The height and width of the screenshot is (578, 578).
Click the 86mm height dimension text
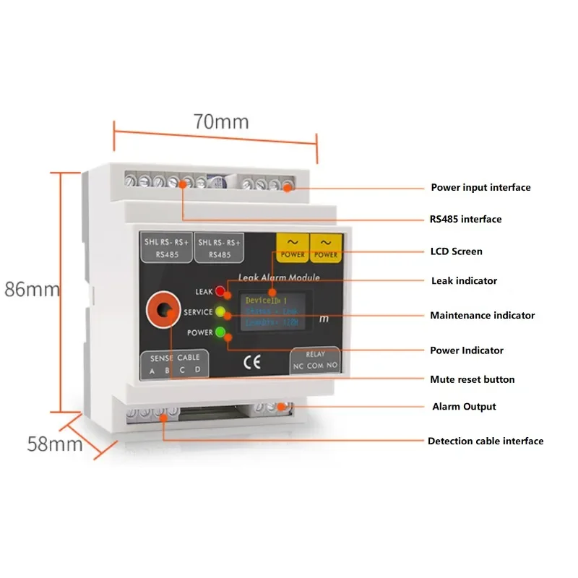pyautogui.click(x=31, y=289)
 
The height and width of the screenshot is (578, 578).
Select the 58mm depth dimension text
pyautogui.click(x=55, y=442)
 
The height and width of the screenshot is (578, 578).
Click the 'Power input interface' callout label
pyautogui.click(x=480, y=188)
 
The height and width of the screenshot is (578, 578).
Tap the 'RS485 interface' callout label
pyautogui.click(x=466, y=220)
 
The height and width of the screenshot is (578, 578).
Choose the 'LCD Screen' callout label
pyautogui.click(x=456, y=251)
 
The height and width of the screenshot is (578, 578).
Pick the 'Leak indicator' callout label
pyautogui.click(x=464, y=280)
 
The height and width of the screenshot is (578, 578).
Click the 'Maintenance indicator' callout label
pyautogui.click(x=482, y=315)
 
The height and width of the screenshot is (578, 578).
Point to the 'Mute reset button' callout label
pyautogui.click(x=473, y=379)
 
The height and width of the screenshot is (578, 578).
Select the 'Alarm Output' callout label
pyautogui.click(x=464, y=407)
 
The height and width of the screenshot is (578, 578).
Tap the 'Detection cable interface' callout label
pyautogui.click(x=485, y=441)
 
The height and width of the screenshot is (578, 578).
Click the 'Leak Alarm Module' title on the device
pyautogui.click(x=278, y=277)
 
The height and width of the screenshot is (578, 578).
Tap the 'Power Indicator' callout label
pyautogui.click(x=467, y=350)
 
